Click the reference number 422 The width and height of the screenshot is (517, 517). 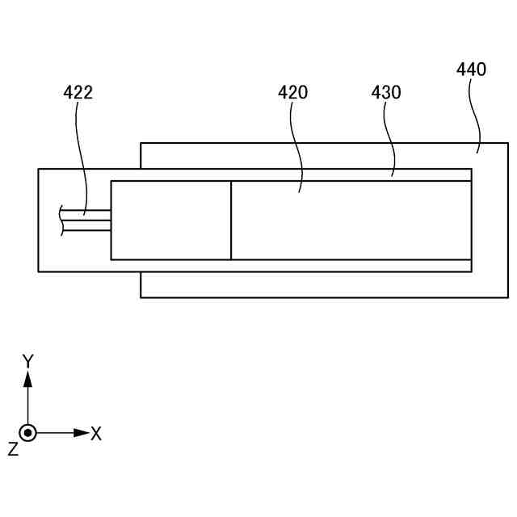pos(78,92)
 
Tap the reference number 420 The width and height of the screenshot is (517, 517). pos(293,92)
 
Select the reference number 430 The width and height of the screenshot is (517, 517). pos(386,92)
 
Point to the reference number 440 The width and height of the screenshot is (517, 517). pos(471,69)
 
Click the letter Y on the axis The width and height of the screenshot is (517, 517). pos(27,360)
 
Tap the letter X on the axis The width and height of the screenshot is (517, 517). pos(96,434)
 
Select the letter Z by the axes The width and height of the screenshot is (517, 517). pos(13,449)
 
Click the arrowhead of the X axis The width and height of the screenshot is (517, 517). pos(82,433)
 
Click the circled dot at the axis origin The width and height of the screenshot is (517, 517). pos(28,433)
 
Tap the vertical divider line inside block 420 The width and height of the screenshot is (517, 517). pos(231,220)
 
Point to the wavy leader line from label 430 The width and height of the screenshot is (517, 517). pos(390,137)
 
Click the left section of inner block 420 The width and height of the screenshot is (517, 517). pos(170,220)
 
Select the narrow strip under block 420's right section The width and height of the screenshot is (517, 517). pos(351,265)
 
